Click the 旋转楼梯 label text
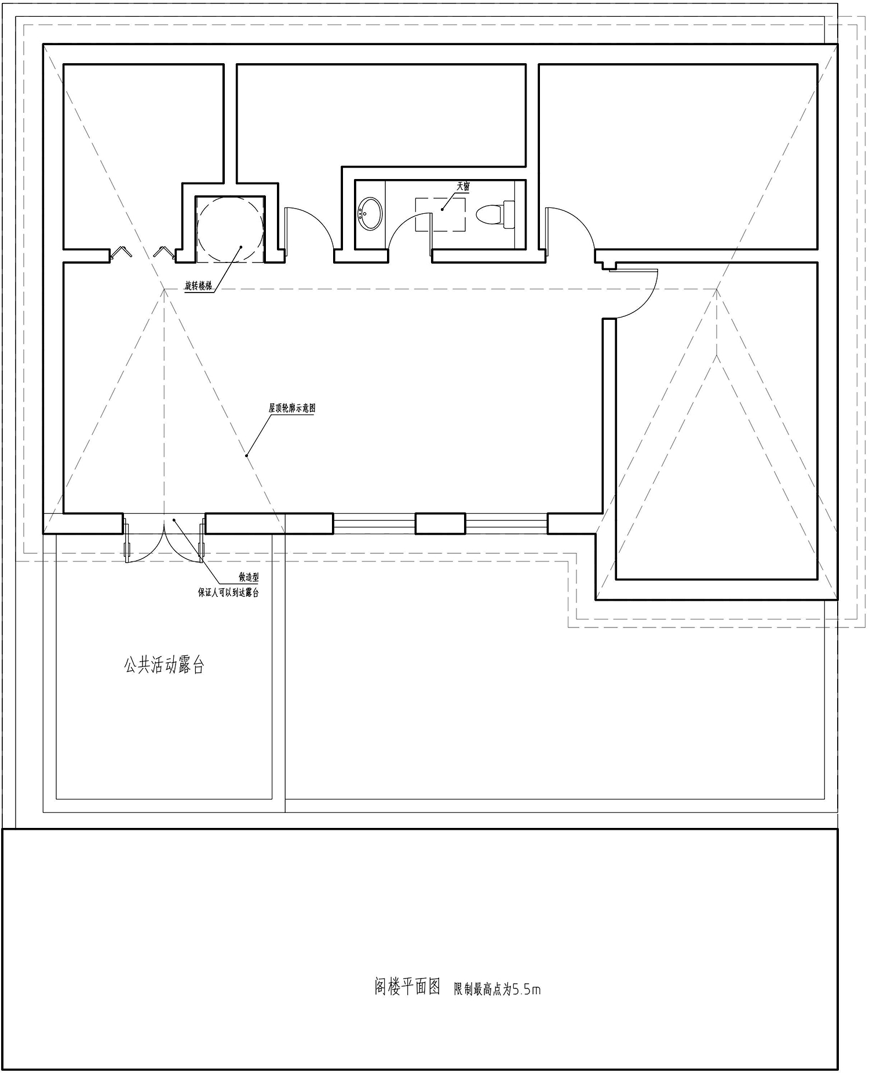click(199, 285)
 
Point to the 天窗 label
click(463, 187)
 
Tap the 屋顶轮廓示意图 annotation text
click(291, 408)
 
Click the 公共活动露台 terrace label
click(164, 665)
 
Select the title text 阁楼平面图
click(407, 987)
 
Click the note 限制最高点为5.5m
click(497, 989)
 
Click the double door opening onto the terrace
click(165, 539)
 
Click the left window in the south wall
click(374, 524)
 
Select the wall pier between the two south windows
click(440, 524)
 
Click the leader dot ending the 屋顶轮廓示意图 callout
click(247, 455)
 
